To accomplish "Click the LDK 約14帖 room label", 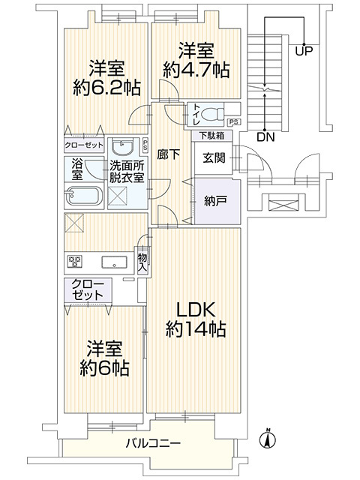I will pos(196,319).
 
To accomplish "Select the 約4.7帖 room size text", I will pos(196,70).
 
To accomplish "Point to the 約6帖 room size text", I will pos(104,368).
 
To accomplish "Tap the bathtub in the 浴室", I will pos(84,196).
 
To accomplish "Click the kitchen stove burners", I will pos(75,262).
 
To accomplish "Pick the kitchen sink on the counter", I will pos(114,262).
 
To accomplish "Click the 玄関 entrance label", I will pos(210,158).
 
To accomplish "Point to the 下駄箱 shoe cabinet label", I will pos(215,136).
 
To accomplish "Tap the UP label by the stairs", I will pos(304,52).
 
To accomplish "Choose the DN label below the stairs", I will pos(264,137).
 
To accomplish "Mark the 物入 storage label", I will pos(142,259).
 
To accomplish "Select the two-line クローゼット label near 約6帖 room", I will pos(88,290).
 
